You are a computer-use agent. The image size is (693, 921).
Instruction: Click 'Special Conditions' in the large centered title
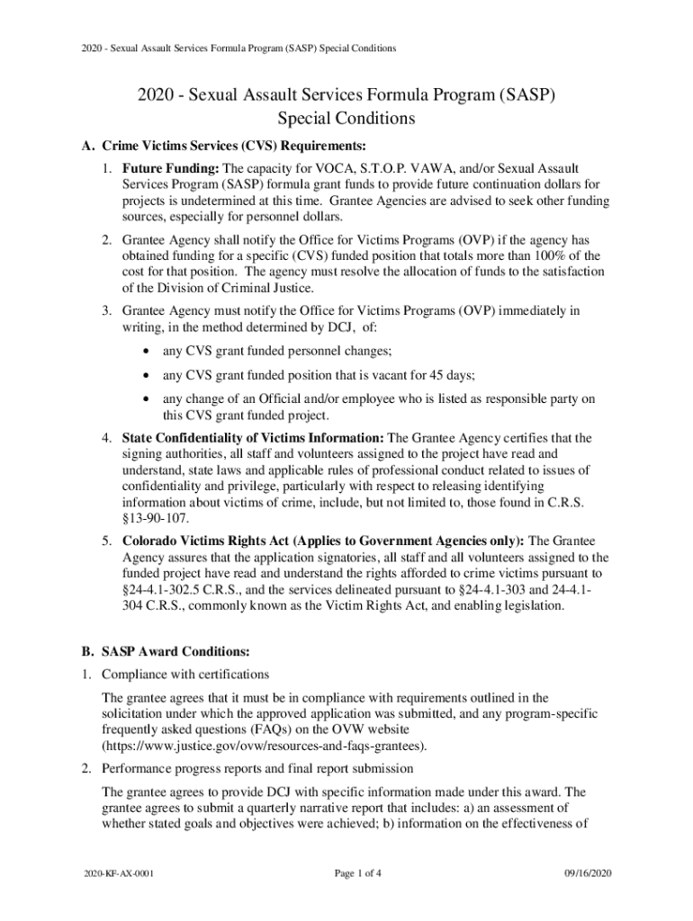coord(346,118)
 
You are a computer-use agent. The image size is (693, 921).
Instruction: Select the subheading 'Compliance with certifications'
coord(185,674)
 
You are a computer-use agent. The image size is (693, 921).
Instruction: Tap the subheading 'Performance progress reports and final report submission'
coord(257,769)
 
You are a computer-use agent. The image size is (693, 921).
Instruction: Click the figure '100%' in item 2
coord(541,255)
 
